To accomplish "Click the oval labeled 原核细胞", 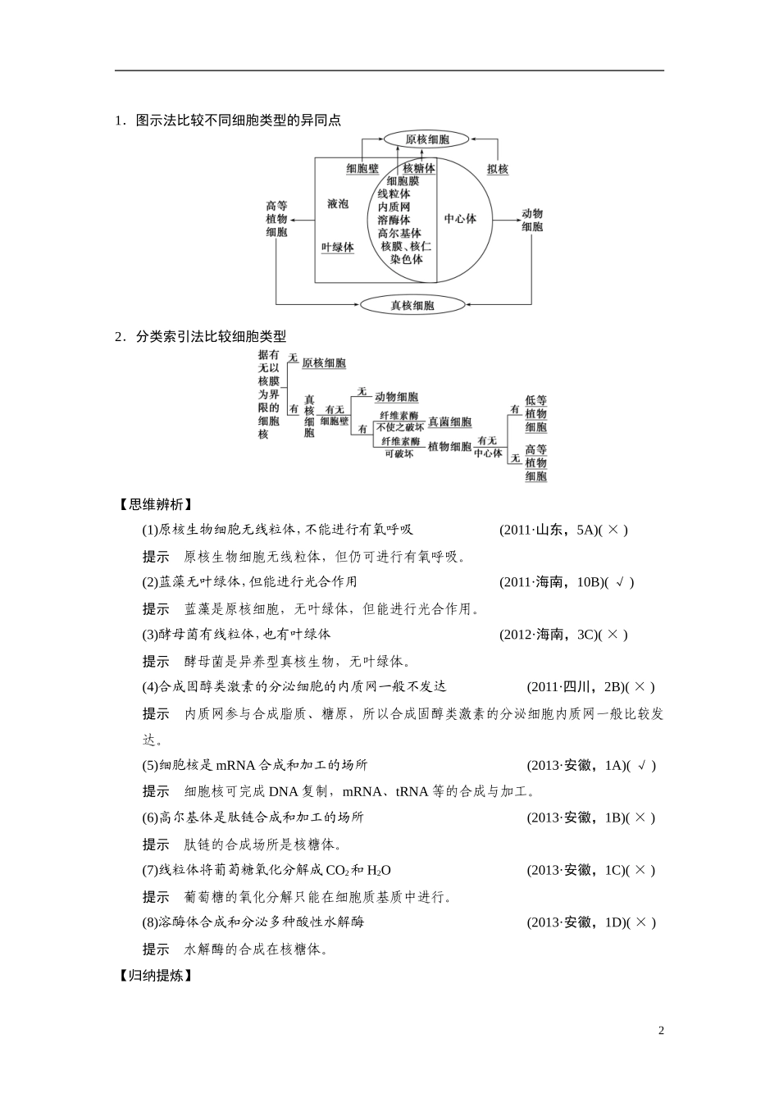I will click(x=426, y=139).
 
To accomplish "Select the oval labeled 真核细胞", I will click(x=412, y=306).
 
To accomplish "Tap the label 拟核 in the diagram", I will click(x=497, y=169).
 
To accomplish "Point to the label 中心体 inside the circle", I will click(x=460, y=219).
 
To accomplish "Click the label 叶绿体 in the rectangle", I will click(x=338, y=247).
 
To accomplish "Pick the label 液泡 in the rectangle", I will click(x=338, y=203).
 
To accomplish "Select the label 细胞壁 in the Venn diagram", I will click(x=362, y=169).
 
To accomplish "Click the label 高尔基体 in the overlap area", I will click(x=399, y=233).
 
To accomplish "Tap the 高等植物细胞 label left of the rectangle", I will click(x=276, y=219).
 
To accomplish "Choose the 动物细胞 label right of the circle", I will click(x=532, y=220).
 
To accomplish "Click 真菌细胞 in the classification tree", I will click(x=449, y=422).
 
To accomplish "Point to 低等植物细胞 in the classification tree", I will click(x=536, y=413).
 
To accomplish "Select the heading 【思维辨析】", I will click(x=156, y=504).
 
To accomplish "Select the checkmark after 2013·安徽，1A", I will click(x=642, y=766).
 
